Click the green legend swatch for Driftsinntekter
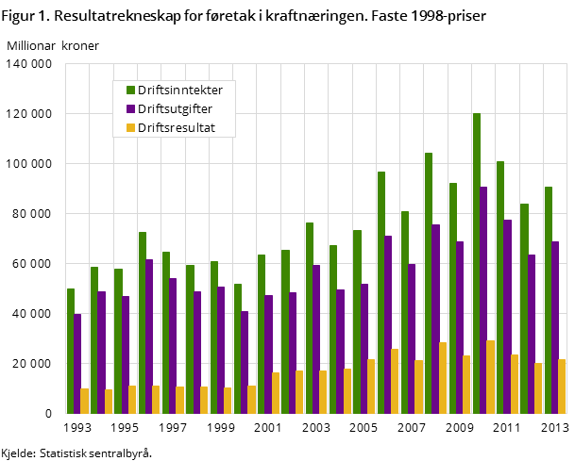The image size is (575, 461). point(131,91)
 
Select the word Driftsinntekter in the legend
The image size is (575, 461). point(180,91)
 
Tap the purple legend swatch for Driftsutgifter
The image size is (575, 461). point(131,109)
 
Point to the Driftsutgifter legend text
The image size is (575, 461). point(175,109)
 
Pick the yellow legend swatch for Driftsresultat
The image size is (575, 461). point(131,127)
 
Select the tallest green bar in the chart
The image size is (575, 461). point(477,263)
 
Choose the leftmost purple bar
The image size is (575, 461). point(77,363)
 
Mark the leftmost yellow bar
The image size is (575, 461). point(85,401)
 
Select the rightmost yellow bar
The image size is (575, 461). point(563,387)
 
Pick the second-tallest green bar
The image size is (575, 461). point(429,283)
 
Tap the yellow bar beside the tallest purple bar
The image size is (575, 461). point(491,377)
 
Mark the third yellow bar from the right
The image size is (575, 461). point(515,384)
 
